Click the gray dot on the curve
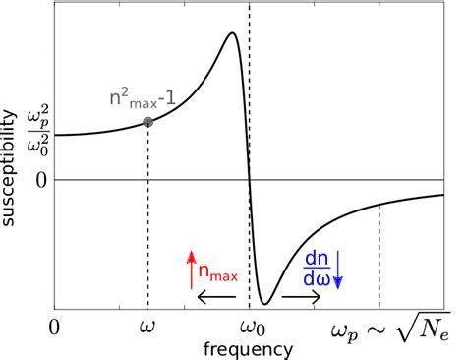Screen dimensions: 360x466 (147, 122)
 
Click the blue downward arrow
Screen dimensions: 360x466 (337, 270)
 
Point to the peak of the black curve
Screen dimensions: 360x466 (232, 33)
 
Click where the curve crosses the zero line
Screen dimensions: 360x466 (249, 181)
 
